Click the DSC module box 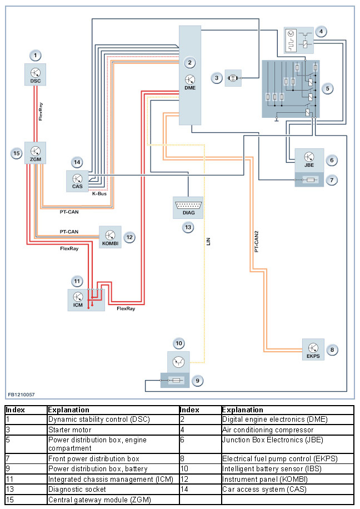pyautogui.click(x=36, y=74)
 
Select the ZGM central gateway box pyautogui.click(x=35, y=153)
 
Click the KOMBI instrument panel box pyautogui.click(x=110, y=237)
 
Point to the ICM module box pyautogui.click(x=78, y=300)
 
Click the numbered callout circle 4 pyautogui.click(x=323, y=32)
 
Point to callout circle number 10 pyautogui.click(x=179, y=342)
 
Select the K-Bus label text pyautogui.click(x=99, y=194)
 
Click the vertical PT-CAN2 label pyautogui.click(x=256, y=241)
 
